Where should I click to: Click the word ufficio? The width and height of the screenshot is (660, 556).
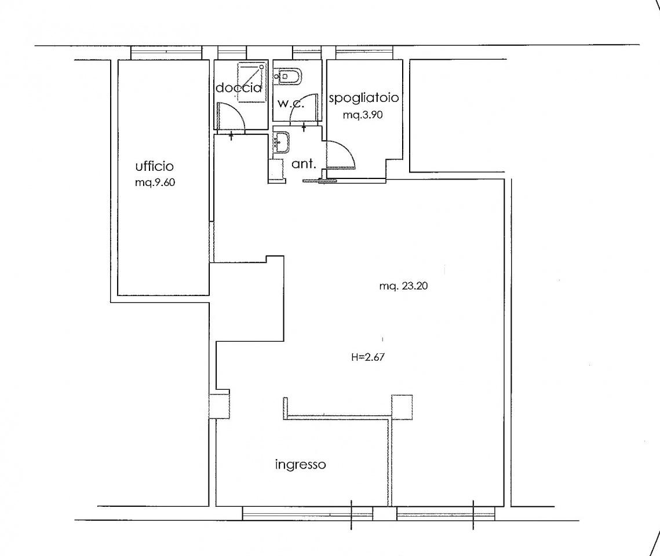[x=154, y=167]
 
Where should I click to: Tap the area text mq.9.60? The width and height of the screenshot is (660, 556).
[x=155, y=183]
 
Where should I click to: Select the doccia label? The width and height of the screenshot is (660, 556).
[x=239, y=88]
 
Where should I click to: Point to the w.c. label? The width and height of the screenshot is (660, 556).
[x=290, y=103]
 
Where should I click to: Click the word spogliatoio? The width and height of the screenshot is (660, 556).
[x=364, y=98]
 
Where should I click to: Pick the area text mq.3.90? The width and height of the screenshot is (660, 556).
[x=362, y=115]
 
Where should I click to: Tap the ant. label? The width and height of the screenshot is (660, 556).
[x=304, y=163]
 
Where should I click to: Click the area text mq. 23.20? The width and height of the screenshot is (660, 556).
[x=403, y=287]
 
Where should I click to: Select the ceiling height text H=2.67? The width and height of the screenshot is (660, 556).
[x=368, y=357]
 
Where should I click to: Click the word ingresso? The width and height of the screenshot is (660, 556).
[x=300, y=464]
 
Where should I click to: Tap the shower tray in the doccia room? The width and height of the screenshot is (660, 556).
[x=251, y=82]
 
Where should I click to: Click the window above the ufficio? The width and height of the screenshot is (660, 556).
[x=166, y=52]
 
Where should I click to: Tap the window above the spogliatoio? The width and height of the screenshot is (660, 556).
[x=364, y=52]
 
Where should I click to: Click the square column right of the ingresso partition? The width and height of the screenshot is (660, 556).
[x=402, y=407]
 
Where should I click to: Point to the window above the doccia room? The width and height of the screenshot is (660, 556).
[x=232, y=52]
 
